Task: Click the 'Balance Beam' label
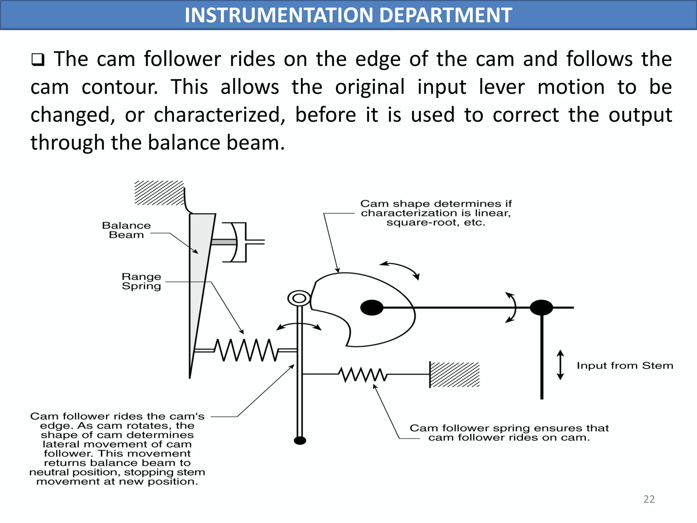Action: coord(126,230)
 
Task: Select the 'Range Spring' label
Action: coord(141,282)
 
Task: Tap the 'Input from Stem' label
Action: coord(625,366)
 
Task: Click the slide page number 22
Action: coord(649,499)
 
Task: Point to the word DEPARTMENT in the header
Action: coord(445,15)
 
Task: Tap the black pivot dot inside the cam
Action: coord(372,307)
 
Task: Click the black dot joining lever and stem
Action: coord(541,307)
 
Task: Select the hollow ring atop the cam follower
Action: coord(299,299)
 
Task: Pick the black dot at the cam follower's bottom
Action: coord(300,441)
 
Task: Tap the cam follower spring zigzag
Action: coord(363,375)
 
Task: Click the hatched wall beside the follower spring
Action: coord(454,375)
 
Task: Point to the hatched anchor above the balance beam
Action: coord(159,193)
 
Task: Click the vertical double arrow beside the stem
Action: coord(560,365)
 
